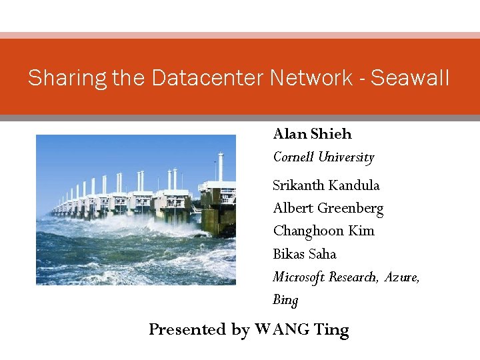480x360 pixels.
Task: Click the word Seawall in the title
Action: tap(410, 78)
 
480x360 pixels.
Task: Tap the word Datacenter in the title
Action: tap(209, 78)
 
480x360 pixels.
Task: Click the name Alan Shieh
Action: tap(312, 134)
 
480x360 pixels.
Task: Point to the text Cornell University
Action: tap(323, 158)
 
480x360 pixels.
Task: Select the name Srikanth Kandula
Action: tap(326, 185)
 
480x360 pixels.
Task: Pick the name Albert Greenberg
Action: tap(328, 208)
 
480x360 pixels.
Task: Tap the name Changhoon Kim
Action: tap(323, 231)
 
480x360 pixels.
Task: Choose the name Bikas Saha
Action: tap(305, 254)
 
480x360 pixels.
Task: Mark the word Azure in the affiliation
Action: tap(402, 277)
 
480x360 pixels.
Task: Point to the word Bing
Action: tap(285, 300)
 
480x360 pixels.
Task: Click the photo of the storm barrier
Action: tap(135, 209)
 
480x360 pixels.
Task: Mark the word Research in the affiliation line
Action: tap(354, 277)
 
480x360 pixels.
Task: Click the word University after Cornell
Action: tap(345, 158)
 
